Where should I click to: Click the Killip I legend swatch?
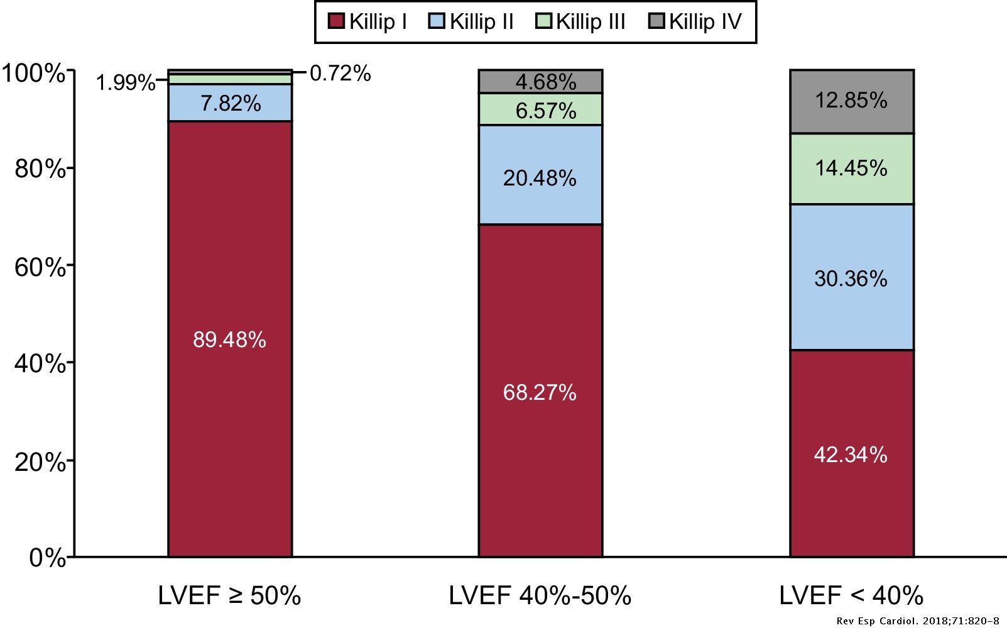pyautogui.click(x=337, y=22)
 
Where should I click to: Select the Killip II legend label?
pyautogui.click(x=481, y=22)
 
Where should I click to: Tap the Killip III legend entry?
pyautogui.click(x=591, y=22)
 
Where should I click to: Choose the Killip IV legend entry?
pyautogui.click(x=705, y=22)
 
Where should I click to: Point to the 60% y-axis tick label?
pyautogui.click(x=40, y=267)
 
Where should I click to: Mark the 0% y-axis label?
pyautogui.click(x=47, y=558)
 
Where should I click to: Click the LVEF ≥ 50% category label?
pyautogui.click(x=229, y=595)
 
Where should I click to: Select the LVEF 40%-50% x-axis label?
pyautogui.click(x=540, y=595)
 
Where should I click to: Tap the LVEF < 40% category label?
pyautogui.click(x=851, y=595)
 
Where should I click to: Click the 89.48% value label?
pyautogui.click(x=229, y=340)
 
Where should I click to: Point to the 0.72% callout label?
pyautogui.click(x=340, y=74)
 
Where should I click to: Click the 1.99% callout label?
pyautogui.click(x=125, y=82)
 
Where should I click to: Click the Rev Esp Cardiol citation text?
pyautogui.click(x=918, y=621)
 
